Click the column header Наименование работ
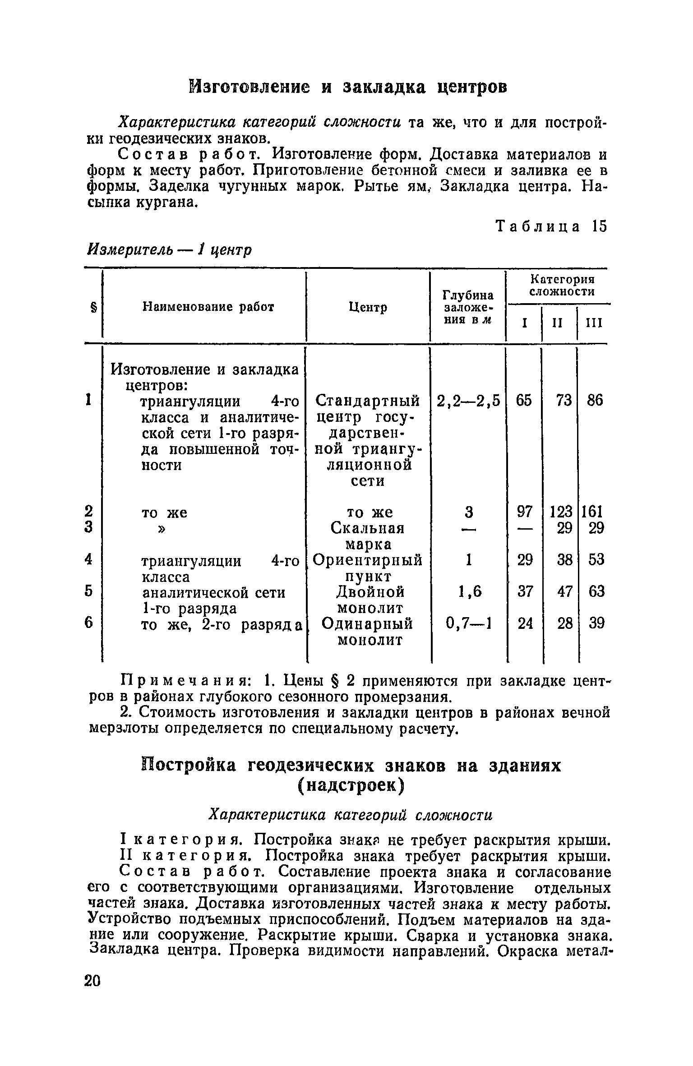[x=208, y=307]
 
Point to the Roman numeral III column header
[x=594, y=323]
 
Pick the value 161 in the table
[x=593, y=512]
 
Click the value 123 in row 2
[x=561, y=512]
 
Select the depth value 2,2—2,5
[x=469, y=401]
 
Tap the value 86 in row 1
[x=595, y=401]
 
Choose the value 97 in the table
[x=525, y=512]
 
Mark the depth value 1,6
[x=470, y=591]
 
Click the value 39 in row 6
[x=596, y=623]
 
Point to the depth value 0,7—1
[x=469, y=623]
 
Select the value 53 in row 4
[x=596, y=560]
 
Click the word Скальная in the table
[x=367, y=528]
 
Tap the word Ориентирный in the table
[x=367, y=560]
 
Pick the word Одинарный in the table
[x=367, y=623]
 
